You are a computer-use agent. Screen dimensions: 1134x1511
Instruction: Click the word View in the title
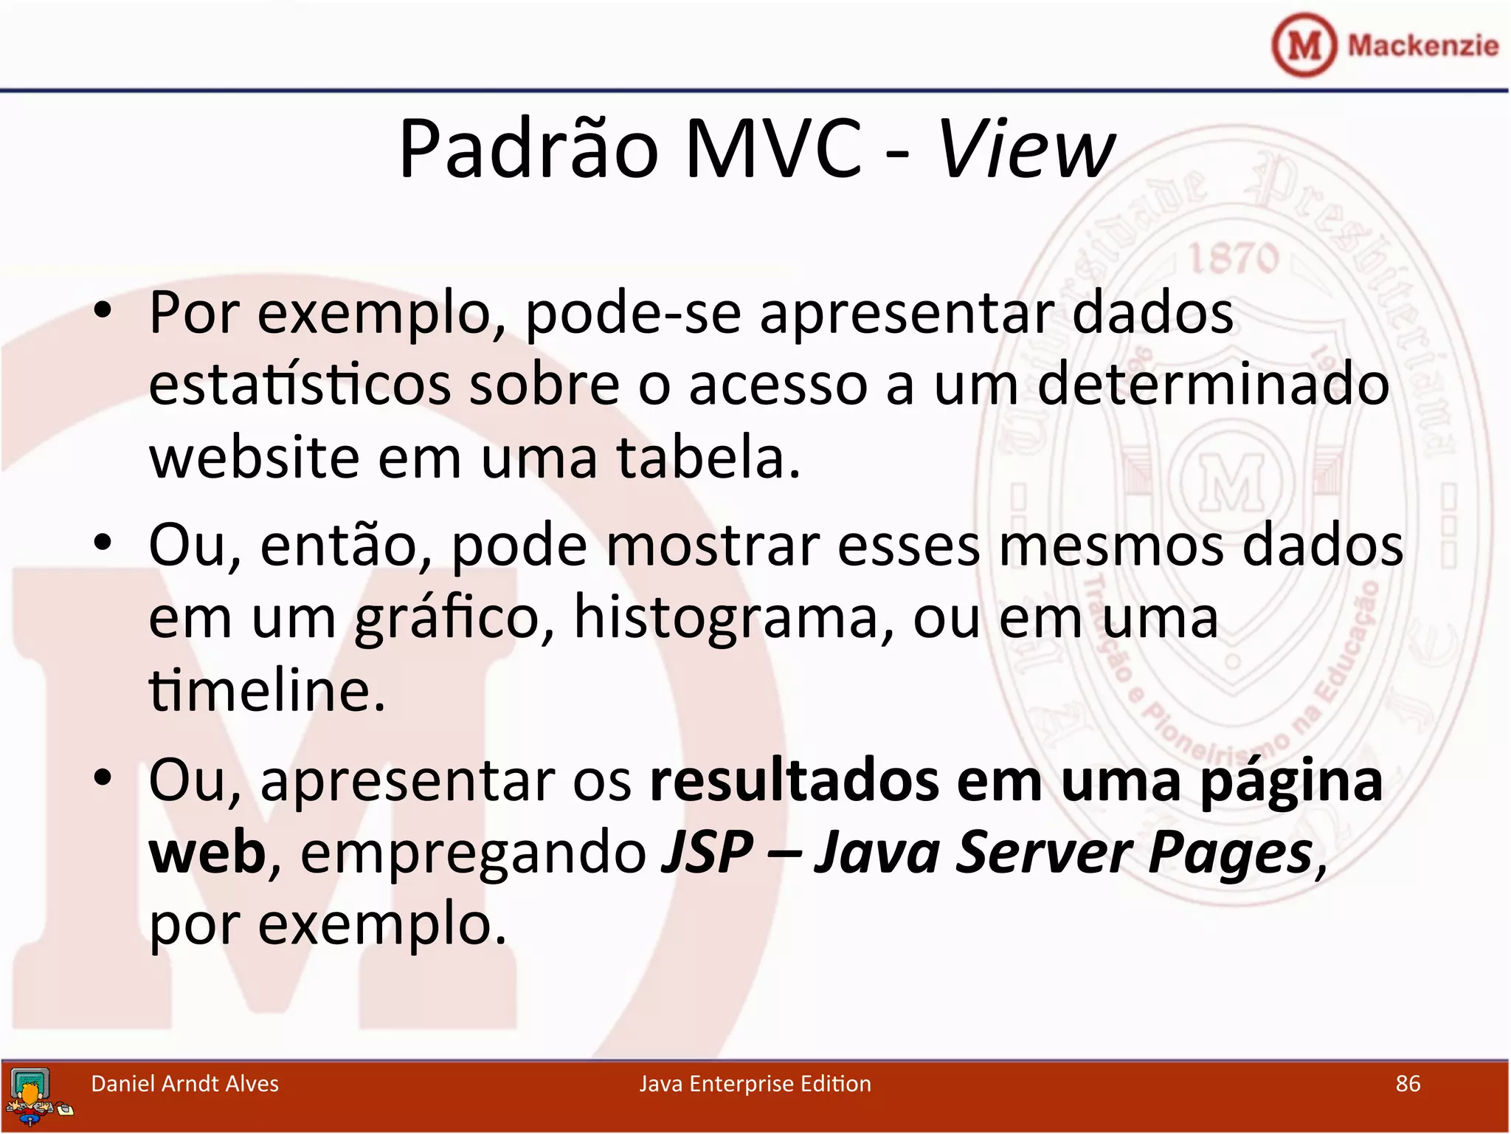tap(1026, 149)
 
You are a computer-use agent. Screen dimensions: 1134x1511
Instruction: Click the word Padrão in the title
tap(528, 149)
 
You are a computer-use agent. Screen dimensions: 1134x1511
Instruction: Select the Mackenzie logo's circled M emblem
tap(1304, 46)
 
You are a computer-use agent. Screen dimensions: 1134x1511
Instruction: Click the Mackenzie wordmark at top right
tap(1422, 46)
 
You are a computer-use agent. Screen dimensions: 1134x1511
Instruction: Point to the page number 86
tap(1408, 1083)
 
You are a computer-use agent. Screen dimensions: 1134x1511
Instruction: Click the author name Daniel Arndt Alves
tap(184, 1083)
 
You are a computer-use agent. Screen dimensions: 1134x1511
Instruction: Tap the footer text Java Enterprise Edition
tap(755, 1083)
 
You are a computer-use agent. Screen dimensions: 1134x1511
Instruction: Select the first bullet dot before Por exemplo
tap(103, 311)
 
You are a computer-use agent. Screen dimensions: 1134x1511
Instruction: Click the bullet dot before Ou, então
tap(103, 543)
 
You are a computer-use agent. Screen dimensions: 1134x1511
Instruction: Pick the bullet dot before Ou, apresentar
tap(103, 777)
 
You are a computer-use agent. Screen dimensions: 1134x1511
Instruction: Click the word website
tap(253, 457)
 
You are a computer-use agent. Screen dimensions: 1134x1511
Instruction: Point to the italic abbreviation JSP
tap(707, 852)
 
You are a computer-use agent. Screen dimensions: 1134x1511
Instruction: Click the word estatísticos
tap(300, 385)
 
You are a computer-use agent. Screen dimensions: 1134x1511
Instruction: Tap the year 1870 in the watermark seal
tap(1234, 258)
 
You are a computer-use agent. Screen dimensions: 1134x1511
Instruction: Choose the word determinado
tap(1213, 385)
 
